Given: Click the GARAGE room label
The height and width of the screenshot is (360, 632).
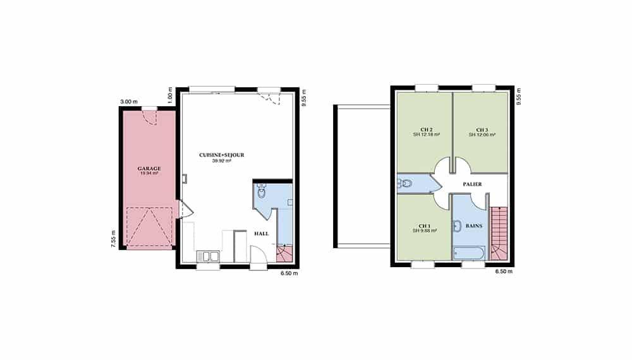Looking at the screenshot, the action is tap(149, 169).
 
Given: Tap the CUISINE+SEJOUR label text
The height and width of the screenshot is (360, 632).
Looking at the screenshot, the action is tap(222, 155).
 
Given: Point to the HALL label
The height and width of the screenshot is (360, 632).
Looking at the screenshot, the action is tap(261, 234).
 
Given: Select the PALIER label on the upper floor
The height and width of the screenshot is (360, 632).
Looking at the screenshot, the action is tap(472, 184).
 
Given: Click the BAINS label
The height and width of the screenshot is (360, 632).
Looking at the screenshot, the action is tap(474, 226).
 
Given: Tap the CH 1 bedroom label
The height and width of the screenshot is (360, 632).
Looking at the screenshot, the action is tap(425, 226).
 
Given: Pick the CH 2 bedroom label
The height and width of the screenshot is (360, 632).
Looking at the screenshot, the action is tap(427, 129).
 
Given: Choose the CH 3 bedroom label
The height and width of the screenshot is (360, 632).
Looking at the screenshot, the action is tap(482, 129).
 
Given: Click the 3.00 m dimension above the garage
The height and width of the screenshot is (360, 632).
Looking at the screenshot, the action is tap(128, 102).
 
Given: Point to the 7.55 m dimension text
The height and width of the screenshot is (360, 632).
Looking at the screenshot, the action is tap(113, 239).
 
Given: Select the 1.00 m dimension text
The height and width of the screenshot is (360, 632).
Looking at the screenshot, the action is tap(169, 95).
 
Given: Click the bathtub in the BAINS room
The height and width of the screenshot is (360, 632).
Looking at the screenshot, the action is tap(469, 253).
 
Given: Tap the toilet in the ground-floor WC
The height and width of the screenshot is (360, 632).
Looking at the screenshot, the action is tap(262, 191).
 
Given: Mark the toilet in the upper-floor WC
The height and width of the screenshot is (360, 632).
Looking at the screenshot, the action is tap(405, 184).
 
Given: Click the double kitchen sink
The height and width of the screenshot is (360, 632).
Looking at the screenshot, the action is tap(208, 256).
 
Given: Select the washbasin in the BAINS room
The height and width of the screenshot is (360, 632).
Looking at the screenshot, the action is tap(457, 226).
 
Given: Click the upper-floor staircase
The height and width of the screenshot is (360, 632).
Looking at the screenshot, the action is tap(499, 233).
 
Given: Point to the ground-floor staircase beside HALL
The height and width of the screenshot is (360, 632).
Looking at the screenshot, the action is tap(284, 253).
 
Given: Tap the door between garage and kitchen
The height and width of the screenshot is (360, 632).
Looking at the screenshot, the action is tap(186, 210).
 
